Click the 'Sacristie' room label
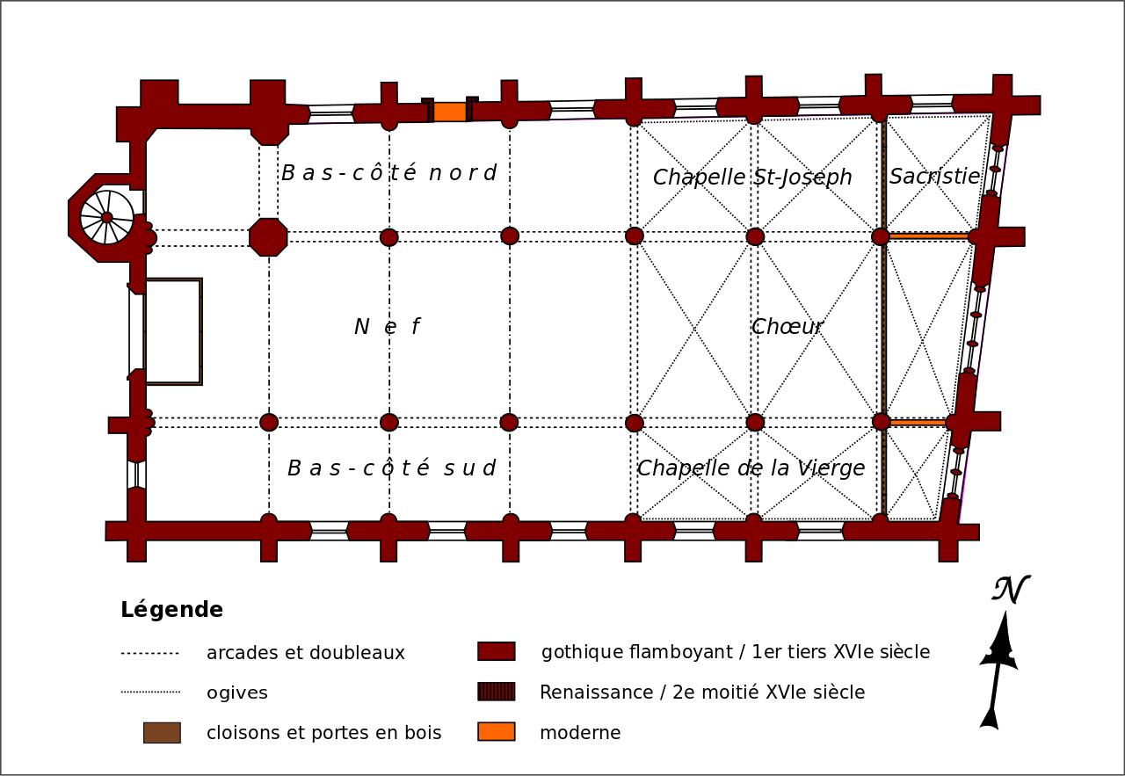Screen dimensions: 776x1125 tap(934, 177)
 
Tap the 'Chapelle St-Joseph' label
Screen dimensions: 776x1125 tap(752, 178)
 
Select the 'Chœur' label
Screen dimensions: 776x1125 tap(787, 327)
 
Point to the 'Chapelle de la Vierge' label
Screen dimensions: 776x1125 tap(751, 468)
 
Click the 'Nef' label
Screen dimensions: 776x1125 tap(387, 327)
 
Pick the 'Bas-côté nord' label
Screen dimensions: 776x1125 tap(388, 173)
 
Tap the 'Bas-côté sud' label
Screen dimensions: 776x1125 tap(391, 468)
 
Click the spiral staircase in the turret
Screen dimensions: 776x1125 tap(107, 217)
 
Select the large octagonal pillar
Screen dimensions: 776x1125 tap(268, 237)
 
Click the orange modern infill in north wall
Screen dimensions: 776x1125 tap(449, 112)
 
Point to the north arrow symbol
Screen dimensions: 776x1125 tap(998, 668)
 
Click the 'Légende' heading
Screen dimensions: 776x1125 tap(171, 610)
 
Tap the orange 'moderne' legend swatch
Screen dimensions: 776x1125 tap(497, 732)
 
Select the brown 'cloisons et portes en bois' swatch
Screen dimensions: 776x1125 tap(162, 732)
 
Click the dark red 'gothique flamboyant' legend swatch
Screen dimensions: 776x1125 tap(497, 651)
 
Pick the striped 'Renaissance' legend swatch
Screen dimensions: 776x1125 tap(497, 692)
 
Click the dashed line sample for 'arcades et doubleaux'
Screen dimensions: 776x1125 tap(149, 653)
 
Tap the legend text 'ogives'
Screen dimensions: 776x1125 tap(237, 693)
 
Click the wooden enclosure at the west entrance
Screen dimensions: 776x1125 tap(173, 331)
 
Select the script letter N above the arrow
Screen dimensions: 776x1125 tap(1009, 590)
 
